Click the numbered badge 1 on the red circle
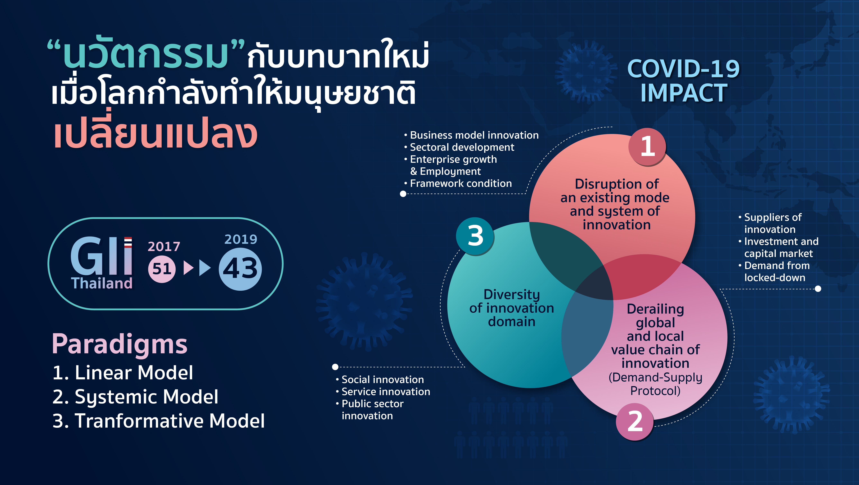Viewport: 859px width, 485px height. point(647,147)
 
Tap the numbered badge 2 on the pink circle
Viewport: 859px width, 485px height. point(635,422)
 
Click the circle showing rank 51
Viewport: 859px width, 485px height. point(162,269)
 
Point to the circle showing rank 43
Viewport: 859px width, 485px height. point(240,269)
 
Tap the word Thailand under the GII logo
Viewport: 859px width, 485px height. point(102,283)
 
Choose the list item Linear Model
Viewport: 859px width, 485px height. point(123,373)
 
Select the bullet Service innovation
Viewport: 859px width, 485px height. point(383,392)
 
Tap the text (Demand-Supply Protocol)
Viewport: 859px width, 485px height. point(655,384)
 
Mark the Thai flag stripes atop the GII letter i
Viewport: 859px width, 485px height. point(128,243)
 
